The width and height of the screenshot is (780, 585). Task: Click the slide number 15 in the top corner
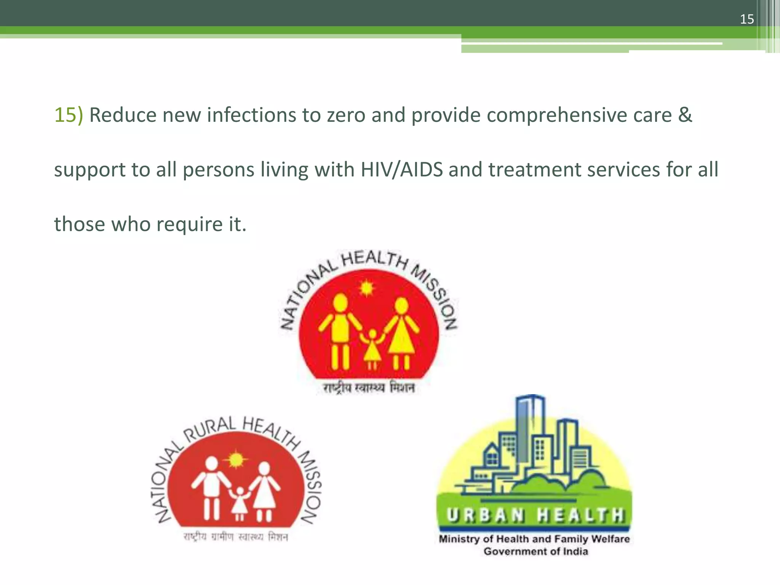pyautogui.click(x=746, y=19)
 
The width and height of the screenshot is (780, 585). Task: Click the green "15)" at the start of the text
pyautogui.click(x=69, y=115)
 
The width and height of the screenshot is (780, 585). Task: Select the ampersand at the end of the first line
pyautogui.click(x=685, y=115)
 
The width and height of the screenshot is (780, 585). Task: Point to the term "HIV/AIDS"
pyautogui.click(x=401, y=169)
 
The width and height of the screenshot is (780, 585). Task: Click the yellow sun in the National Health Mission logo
pyautogui.click(x=366, y=288)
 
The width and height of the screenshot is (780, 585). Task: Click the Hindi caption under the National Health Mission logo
pyautogui.click(x=369, y=388)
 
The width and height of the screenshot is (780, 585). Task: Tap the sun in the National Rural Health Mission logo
pyautogui.click(x=236, y=459)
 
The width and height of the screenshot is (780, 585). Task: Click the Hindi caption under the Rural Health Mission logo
pyautogui.click(x=236, y=537)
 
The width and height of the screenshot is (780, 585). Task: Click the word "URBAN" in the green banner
pyautogui.click(x=484, y=516)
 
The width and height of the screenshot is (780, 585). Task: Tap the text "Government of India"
pyautogui.click(x=536, y=551)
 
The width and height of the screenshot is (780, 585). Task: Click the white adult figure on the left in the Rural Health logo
pyautogui.click(x=211, y=487)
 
